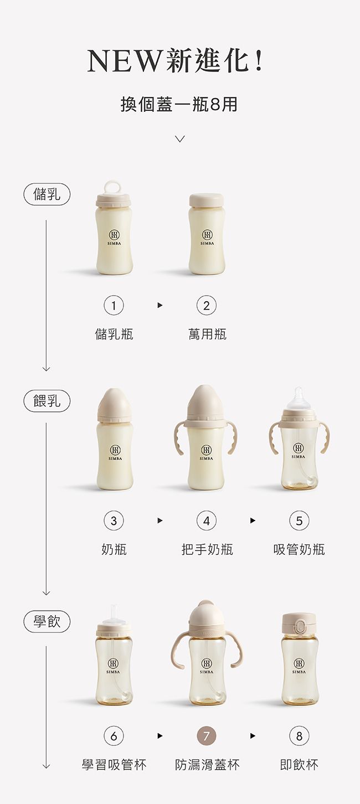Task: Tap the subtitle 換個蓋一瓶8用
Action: [179, 104]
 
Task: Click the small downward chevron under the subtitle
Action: [179, 138]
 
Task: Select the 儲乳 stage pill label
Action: [47, 194]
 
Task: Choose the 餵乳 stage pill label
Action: [47, 400]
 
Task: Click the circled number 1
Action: [114, 305]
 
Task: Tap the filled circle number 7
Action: [207, 736]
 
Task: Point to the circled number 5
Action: [299, 520]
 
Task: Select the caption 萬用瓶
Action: [207, 334]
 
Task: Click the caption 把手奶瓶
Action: [207, 549]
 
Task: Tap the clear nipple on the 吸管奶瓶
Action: [300, 397]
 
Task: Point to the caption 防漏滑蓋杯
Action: [207, 765]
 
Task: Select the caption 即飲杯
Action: [299, 765]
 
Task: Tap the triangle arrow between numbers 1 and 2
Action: [160, 305]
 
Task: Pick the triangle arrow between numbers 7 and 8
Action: [253, 736]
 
